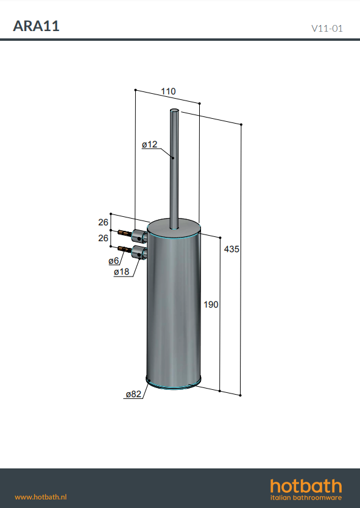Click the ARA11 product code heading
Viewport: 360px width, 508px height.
pos(36,26)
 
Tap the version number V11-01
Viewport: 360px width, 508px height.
pos(326,29)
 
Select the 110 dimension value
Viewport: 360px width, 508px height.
pos(168,91)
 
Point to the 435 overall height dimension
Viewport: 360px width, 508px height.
pos(231,249)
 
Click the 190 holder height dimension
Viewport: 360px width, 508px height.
pos(211,305)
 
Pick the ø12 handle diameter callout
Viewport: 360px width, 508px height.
pos(149,144)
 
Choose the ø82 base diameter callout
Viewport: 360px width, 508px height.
pos(133,394)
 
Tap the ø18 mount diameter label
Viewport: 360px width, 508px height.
pos(121,272)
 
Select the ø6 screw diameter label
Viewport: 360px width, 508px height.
pos(114,261)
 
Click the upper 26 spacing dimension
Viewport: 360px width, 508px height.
pos(103,222)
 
